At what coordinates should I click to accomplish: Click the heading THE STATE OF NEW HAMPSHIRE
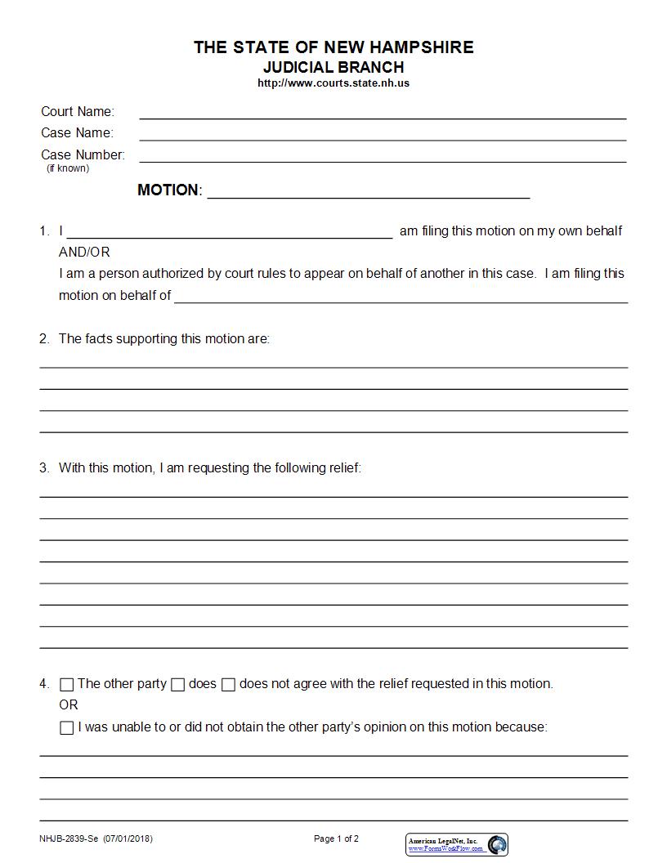(x=333, y=47)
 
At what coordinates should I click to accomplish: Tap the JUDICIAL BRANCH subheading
(x=333, y=67)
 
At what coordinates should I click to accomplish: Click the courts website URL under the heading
(x=333, y=83)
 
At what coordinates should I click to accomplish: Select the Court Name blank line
(x=383, y=114)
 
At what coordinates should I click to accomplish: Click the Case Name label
(x=77, y=132)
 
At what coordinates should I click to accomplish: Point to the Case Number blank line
(x=383, y=158)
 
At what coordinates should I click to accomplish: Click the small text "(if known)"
(x=68, y=168)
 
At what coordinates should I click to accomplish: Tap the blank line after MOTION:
(x=369, y=193)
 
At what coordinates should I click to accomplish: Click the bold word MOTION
(x=168, y=190)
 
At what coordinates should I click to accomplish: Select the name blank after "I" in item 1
(x=230, y=234)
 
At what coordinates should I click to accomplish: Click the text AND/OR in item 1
(x=84, y=252)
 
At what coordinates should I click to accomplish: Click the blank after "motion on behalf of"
(x=401, y=298)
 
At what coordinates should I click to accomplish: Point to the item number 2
(x=44, y=338)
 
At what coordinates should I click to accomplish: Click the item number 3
(x=44, y=468)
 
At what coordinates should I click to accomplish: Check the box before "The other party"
(x=67, y=685)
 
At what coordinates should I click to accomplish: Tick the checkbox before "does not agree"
(x=228, y=685)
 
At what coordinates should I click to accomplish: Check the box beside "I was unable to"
(x=67, y=728)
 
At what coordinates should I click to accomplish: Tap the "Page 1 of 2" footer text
(x=336, y=838)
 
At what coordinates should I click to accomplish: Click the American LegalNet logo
(x=457, y=844)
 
